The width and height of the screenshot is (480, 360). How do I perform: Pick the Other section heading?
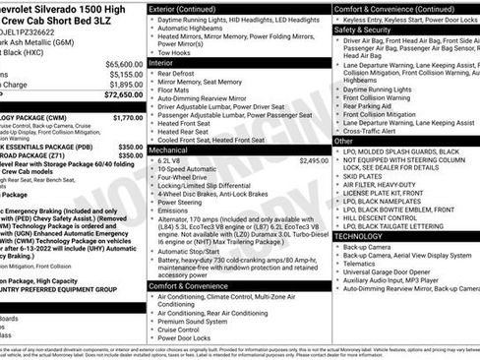tap(344, 141)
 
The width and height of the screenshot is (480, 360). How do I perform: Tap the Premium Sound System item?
tap(200, 320)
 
